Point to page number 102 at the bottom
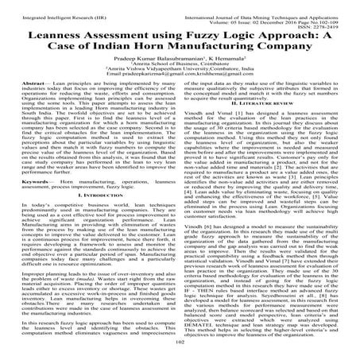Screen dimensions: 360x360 coord(180,355)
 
